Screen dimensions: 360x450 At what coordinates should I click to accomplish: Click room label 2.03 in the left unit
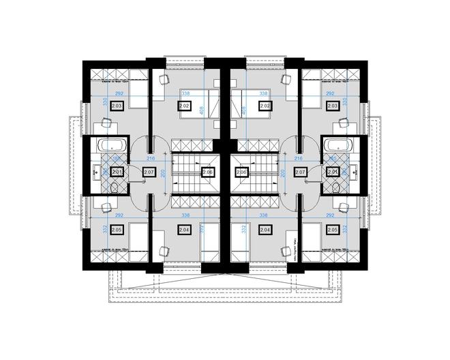(x=116, y=106)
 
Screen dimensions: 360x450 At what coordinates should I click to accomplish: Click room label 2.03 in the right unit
(x=333, y=106)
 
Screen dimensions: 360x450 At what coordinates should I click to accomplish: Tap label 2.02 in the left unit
(x=184, y=106)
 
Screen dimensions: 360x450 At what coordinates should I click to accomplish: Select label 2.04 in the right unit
(x=265, y=230)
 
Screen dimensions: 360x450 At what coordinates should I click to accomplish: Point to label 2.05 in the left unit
(x=116, y=230)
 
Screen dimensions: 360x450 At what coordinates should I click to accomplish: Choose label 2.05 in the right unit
(x=333, y=230)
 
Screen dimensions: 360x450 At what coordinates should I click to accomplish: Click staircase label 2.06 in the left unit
(x=208, y=172)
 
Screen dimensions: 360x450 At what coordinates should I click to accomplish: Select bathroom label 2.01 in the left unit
(x=117, y=172)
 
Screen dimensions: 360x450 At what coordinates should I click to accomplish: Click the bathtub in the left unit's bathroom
(x=110, y=145)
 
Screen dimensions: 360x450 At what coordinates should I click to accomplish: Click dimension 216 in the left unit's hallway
(x=151, y=159)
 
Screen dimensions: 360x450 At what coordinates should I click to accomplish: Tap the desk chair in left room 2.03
(x=106, y=123)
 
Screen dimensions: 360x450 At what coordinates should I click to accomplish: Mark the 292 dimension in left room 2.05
(x=119, y=216)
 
